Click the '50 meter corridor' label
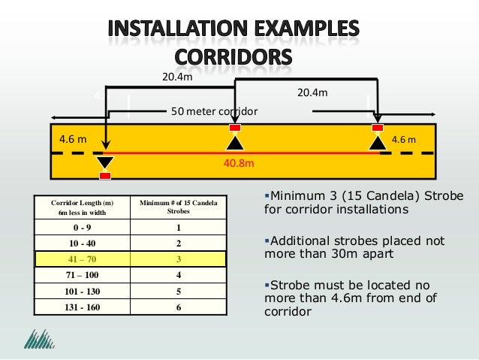coord(214,111)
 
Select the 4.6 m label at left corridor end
coord(71,140)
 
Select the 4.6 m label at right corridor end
coord(406,140)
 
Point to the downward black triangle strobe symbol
coord(105,162)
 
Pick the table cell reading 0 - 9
coord(83,228)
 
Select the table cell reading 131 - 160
coord(83,307)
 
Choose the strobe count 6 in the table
coord(179,307)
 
